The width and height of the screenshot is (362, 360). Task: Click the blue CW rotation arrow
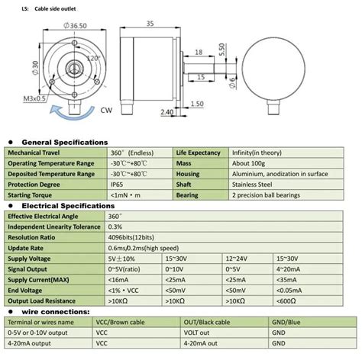click(60, 114)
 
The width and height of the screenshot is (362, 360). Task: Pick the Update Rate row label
click(30, 249)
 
